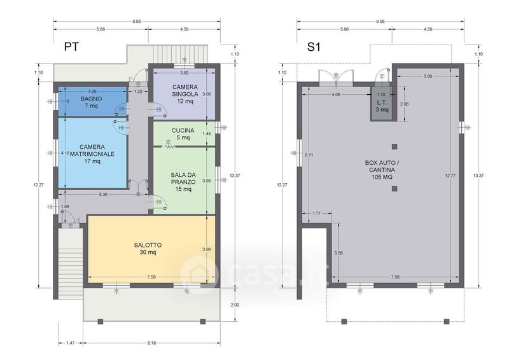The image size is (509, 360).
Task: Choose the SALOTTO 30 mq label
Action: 148,248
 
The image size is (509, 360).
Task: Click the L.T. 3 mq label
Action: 382,106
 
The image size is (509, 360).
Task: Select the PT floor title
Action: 71,46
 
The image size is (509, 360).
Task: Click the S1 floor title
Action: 314,46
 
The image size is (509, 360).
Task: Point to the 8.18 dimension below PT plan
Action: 151,343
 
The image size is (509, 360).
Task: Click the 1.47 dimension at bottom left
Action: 71,343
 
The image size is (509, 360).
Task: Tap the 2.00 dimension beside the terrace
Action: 235,305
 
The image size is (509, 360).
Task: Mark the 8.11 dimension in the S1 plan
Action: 309,155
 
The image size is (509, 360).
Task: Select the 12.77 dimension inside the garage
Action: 450,176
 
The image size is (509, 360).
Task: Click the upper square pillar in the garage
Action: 394,147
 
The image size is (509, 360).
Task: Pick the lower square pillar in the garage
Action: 394,189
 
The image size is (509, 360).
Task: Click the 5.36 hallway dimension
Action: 103,195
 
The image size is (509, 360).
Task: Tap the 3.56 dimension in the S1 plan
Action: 338,253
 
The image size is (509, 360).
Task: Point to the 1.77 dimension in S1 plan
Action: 316,213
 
